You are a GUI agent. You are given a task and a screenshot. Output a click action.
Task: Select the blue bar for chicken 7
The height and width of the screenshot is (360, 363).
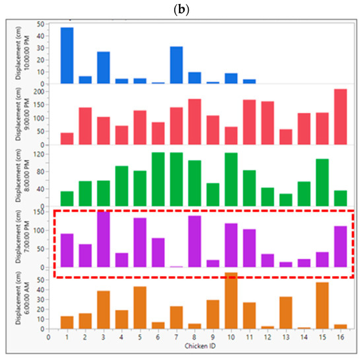pos(176,65)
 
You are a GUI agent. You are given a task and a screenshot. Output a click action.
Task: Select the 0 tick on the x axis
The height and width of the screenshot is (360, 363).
pos(48,336)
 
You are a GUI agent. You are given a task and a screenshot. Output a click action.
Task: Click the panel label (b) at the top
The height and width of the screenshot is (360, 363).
pos(181,7)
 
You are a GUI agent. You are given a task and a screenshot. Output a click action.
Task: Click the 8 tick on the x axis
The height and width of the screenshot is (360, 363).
pos(194,336)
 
